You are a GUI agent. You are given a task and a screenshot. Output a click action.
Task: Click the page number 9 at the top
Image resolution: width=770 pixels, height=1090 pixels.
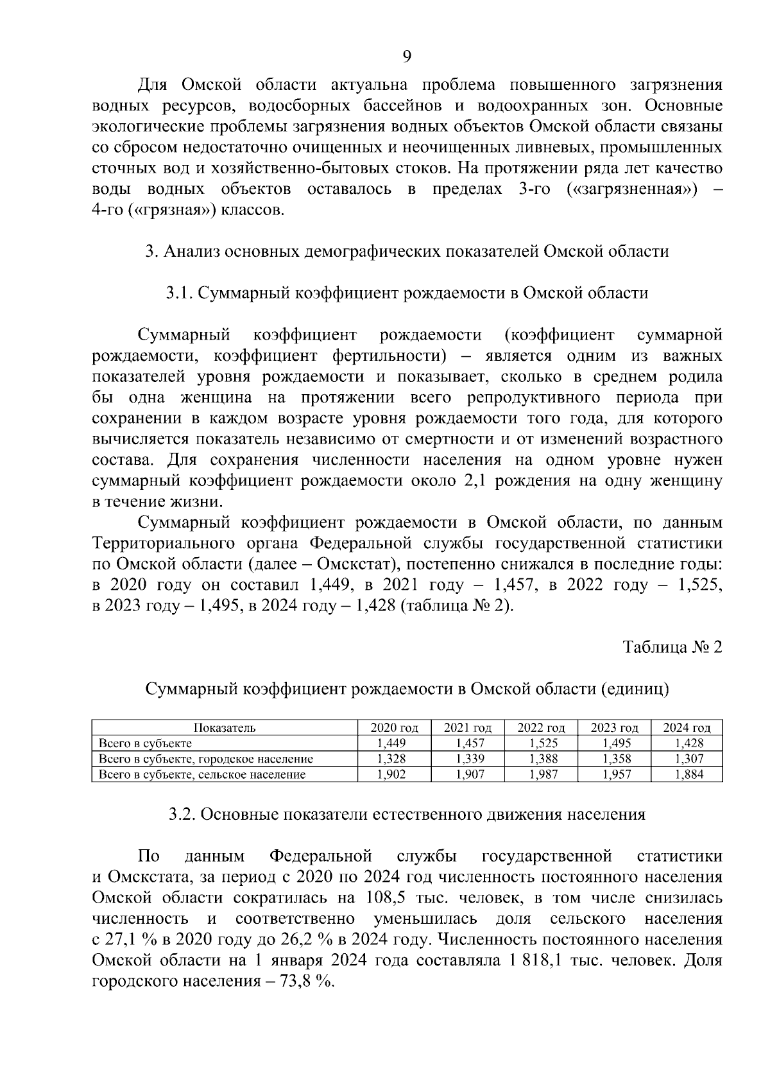pos(406,56)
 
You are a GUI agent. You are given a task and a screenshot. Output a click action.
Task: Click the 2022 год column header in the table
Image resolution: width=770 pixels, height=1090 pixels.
pos(541,727)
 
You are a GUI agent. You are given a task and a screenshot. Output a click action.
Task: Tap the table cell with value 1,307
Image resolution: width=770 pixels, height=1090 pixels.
pos(687,759)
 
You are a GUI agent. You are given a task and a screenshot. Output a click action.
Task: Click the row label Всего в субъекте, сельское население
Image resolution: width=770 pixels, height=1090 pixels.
pos(202,774)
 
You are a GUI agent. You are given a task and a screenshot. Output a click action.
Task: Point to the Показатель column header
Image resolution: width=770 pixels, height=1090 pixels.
pos(225,727)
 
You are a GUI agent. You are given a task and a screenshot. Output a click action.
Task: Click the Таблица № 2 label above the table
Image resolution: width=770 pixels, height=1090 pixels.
pos(673,647)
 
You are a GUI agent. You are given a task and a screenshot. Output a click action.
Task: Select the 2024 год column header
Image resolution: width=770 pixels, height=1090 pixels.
pos(687,727)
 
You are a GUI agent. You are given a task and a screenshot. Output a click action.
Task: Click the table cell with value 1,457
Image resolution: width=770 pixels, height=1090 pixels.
pos(468,743)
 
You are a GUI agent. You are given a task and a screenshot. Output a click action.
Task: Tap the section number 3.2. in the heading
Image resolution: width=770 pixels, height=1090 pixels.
pos(182,815)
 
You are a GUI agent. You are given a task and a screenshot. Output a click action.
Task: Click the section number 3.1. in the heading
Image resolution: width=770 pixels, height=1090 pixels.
pos(179,293)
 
